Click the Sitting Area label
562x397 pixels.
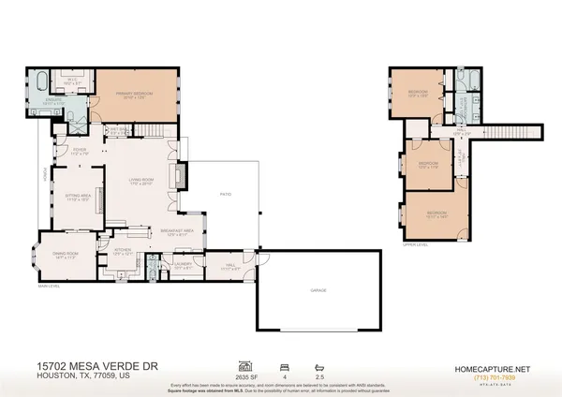point(76,197)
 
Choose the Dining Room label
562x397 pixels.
point(65,254)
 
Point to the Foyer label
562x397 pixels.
point(80,151)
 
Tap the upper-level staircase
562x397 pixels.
point(510,132)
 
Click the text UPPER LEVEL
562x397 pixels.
point(415,244)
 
